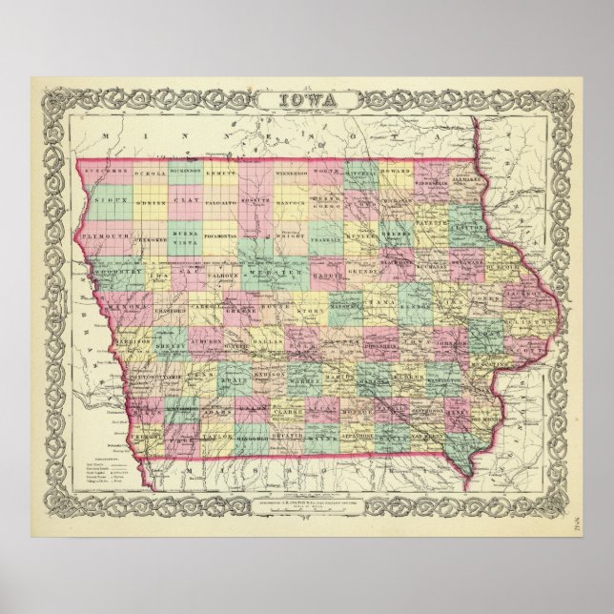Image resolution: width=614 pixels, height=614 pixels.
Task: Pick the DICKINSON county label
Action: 185,172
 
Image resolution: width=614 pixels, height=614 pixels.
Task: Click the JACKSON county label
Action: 522,297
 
